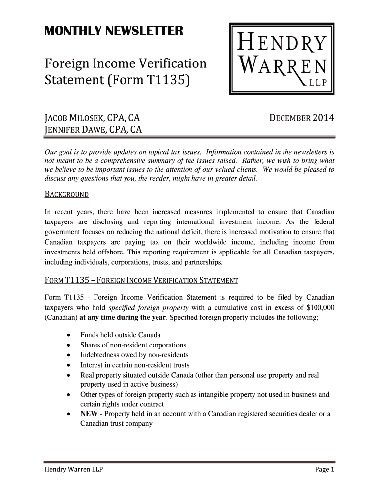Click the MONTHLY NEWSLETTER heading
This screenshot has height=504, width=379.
click(x=114, y=31)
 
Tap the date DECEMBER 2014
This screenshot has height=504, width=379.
click(x=302, y=118)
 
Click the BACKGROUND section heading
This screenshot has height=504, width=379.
click(x=66, y=194)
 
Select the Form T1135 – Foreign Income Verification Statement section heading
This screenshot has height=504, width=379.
click(x=141, y=281)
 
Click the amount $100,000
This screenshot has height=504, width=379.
click(x=317, y=308)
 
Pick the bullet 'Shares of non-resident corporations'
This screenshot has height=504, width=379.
click(x=133, y=345)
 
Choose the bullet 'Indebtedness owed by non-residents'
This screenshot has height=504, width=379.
click(x=134, y=355)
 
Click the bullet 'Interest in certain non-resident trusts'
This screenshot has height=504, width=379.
click(x=134, y=365)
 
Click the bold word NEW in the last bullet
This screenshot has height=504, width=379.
click(x=89, y=414)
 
